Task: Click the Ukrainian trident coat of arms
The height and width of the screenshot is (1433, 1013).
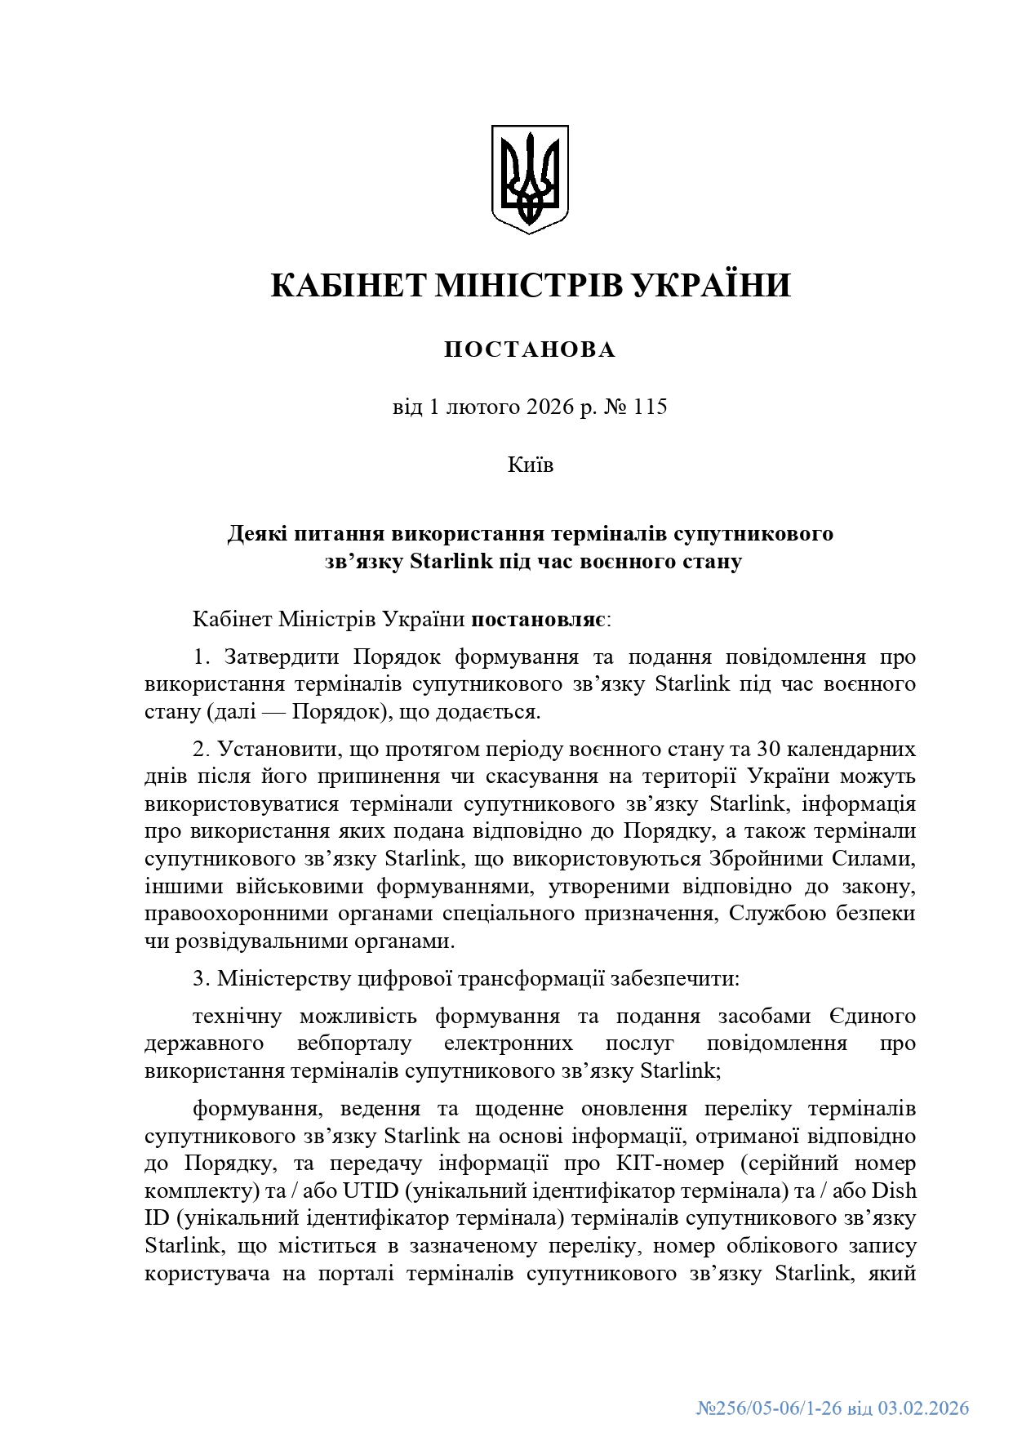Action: (529, 178)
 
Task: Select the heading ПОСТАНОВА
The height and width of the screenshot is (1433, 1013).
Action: (530, 349)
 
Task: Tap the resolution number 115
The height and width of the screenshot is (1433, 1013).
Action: (650, 406)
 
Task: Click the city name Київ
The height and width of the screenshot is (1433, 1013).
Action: (530, 465)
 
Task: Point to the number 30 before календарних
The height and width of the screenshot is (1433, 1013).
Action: (770, 749)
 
